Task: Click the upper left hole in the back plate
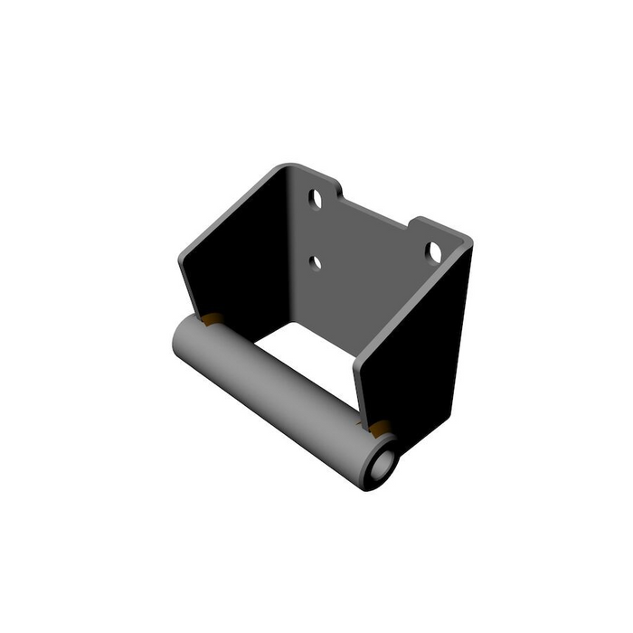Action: click(316, 198)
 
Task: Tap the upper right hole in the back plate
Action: click(434, 251)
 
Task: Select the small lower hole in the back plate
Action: click(316, 262)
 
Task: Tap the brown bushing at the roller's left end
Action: click(213, 318)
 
